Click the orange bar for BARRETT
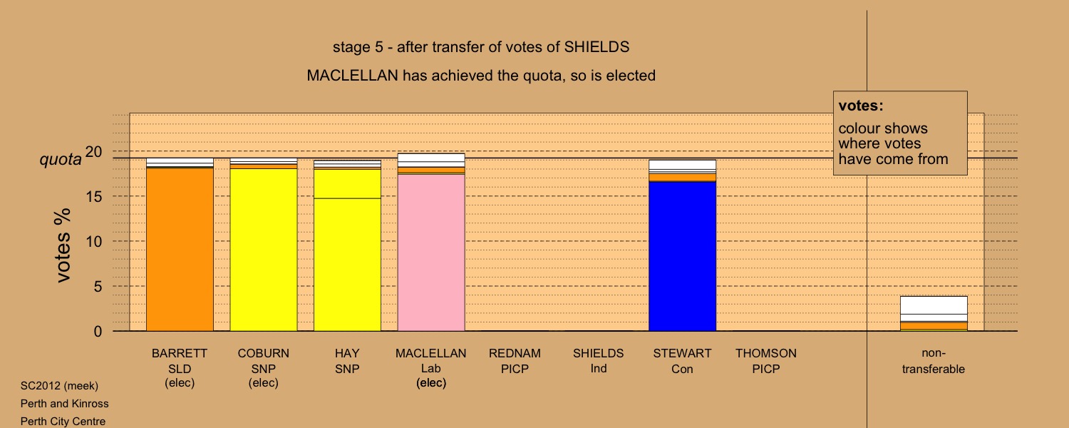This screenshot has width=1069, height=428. (x=180, y=244)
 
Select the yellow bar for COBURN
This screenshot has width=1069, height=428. (x=264, y=244)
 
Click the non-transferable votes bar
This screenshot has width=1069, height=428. (x=934, y=313)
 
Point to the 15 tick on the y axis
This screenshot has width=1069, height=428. (x=94, y=196)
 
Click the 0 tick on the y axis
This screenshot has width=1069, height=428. (x=98, y=332)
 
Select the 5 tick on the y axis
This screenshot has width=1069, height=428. (x=98, y=287)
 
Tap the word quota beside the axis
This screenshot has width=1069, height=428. (x=60, y=160)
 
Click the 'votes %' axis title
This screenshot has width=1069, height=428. (x=63, y=245)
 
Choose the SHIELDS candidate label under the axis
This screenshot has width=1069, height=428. (x=598, y=354)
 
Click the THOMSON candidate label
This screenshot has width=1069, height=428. (x=766, y=354)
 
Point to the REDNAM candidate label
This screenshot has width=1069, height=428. (x=515, y=354)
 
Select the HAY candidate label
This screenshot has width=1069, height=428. (x=347, y=354)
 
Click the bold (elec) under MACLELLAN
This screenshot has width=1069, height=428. (x=431, y=383)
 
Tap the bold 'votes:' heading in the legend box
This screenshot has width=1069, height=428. (x=861, y=106)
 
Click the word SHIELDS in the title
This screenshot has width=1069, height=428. (x=597, y=47)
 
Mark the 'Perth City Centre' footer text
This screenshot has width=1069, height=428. (x=63, y=422)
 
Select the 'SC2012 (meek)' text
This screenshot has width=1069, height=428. (x=59, y=386)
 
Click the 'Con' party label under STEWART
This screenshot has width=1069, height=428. (x=682, y=370)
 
